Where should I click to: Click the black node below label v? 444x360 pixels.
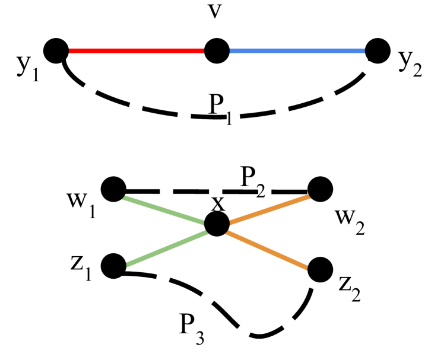[x=217, y=52]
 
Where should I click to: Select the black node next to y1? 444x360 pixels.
[x=56, y=51]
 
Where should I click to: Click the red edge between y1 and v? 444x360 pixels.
[x=137, y=52]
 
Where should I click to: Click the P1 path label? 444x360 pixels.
[x=220, y=107]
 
